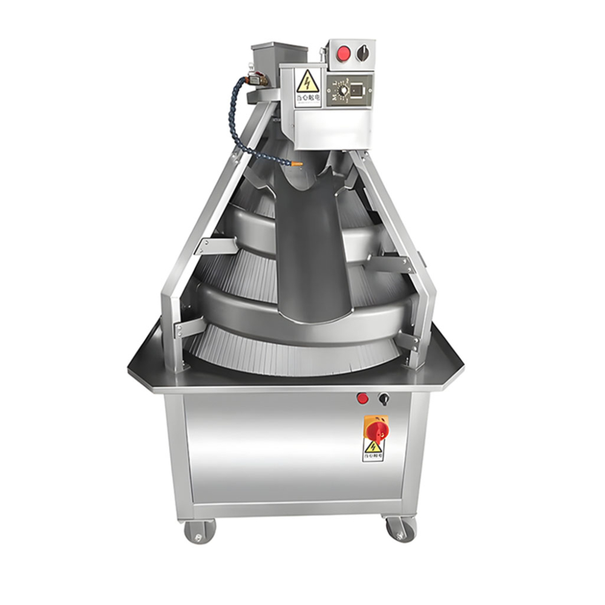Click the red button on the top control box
click(342, 53)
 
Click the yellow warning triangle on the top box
click(307, 80)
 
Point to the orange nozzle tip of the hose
click(297, 163)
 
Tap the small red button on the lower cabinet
click(362, 398)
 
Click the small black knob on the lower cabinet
click(382, 398)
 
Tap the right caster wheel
click(401, 529)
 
